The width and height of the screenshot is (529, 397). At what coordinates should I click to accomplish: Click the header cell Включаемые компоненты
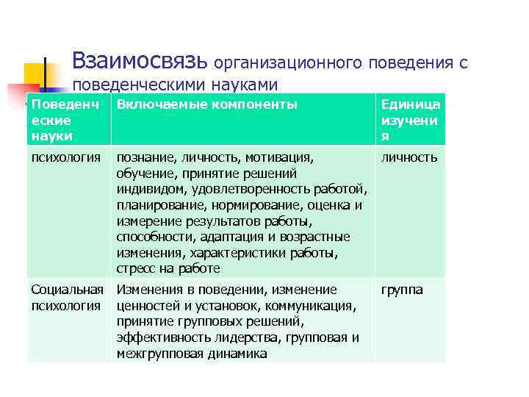pyautogui.click(x=207, y=104)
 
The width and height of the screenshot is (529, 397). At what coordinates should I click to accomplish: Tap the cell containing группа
pyautogui.click(x=401, y=290)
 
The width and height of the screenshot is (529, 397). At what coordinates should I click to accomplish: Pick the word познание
pyautogui.click(x=144, y=157)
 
